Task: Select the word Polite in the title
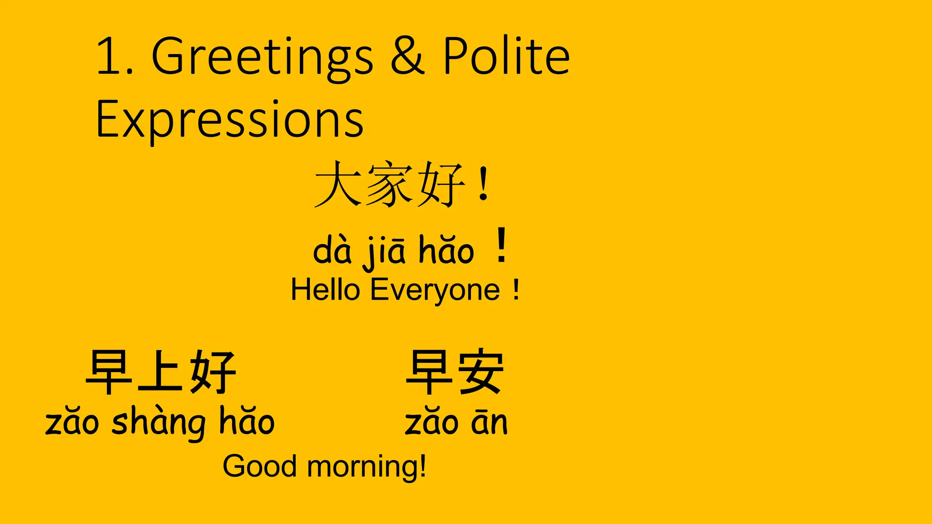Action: tap(506, 56)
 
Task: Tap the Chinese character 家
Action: tap(390, 185)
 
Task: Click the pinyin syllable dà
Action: tap(332, 250)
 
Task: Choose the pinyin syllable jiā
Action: tap(385, 251)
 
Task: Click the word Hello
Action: tap(325, 290)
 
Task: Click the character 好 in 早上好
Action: tap(213, 372)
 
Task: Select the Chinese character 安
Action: tap(481, 372)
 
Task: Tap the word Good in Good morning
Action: tap(259, 467)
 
